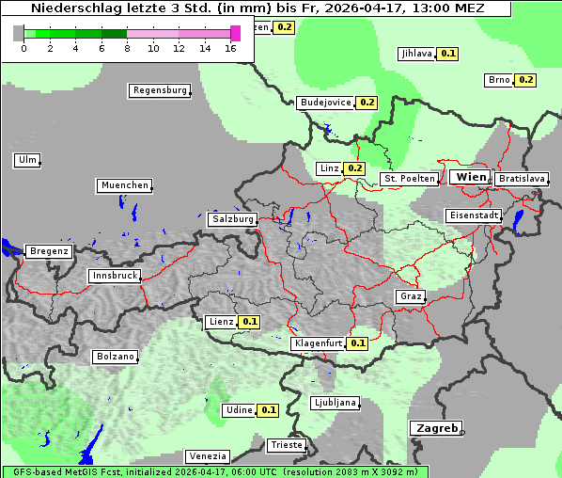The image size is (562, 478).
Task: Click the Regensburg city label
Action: point(159,90)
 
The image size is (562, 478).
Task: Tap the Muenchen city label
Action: point(124,185)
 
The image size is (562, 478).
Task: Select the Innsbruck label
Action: point(115,276)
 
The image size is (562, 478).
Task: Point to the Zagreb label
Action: point(435,428)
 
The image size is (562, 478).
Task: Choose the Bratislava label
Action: point(522,178)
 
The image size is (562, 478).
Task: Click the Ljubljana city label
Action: point(335,403)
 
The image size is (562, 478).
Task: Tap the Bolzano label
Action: point(116,357)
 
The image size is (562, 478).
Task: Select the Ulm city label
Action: point(27,160)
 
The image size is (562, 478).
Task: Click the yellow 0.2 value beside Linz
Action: point(353,168)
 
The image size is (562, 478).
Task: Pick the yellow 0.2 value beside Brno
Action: point(524,80)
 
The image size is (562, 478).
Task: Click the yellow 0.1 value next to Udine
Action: point(268,410)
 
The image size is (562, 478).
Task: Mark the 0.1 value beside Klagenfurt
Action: point(357,343)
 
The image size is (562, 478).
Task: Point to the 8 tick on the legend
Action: point(127,48)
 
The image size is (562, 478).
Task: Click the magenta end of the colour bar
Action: point(235,33)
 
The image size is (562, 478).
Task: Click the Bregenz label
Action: point(49,251)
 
